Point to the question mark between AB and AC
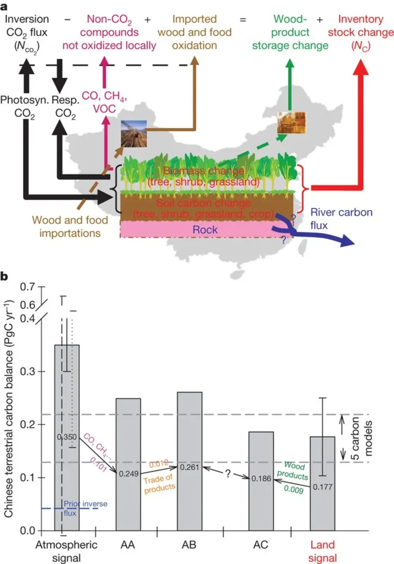226,473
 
